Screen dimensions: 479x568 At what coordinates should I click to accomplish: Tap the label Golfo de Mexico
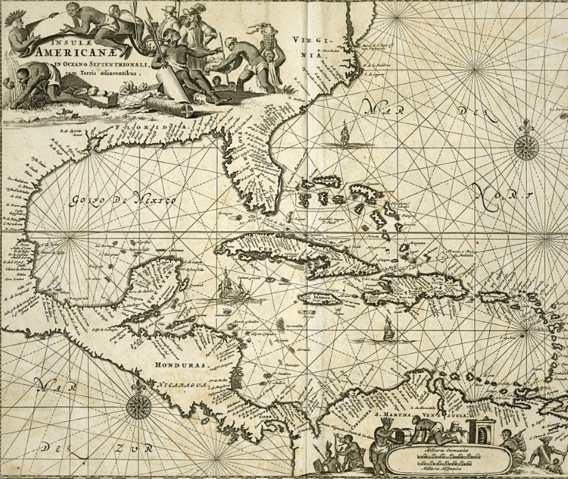point(124,200)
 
